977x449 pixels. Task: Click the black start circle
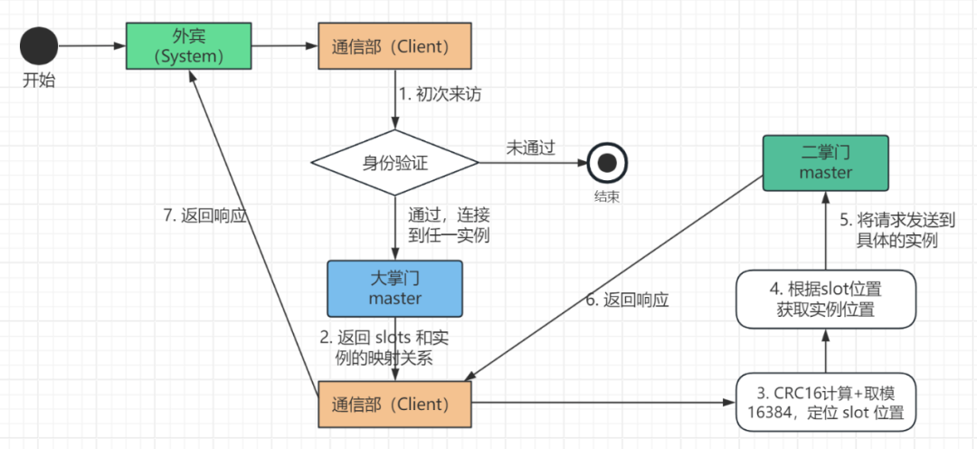coord(39,46)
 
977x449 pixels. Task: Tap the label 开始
coord(39,81)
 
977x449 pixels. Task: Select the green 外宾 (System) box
coord(189,46)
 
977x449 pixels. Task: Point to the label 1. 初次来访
coord(440,95)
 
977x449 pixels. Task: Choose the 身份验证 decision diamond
coord(395,163)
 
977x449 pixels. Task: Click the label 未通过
coord(530,149)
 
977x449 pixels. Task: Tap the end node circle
coord(607,163)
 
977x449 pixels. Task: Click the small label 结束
coord(606,196)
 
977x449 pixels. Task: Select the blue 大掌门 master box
coord(394,289)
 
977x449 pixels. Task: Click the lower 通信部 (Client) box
coord(394,404)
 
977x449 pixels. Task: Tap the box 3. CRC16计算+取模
coord(826,402)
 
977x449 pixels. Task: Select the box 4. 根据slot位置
coord(826,299)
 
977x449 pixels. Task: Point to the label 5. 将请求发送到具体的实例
coord(897,231)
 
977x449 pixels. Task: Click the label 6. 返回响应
coord(627,300)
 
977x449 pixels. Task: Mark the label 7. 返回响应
coord(205,216)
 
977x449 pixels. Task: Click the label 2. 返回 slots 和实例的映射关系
coord(385,348)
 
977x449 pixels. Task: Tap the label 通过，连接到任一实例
coord(449,225)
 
